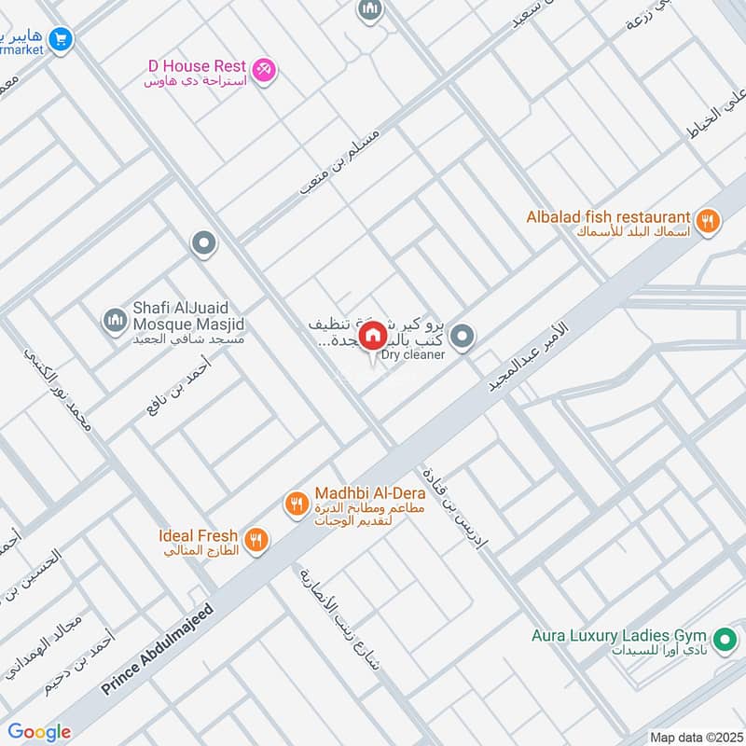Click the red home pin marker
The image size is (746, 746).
pyautogui.click(x=372, y=336)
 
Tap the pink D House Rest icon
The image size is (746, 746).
pyautogui.click(x=265, y=70)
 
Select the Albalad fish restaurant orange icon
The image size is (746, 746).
pyautogui.click(x=709, y=221)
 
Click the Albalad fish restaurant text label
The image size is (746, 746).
pyautogui.click(x=608, y=216)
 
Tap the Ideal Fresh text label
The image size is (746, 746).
pyautogui.click(x=197, y=536)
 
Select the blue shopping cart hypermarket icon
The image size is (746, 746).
pyautogui.click(x=62, y=39)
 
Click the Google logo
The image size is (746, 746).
pyautogui.click(x=39, y=732)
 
